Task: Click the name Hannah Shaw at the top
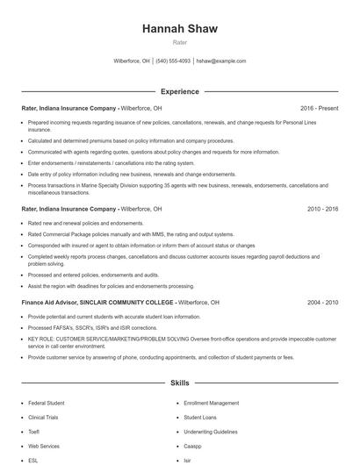tap(179, 29)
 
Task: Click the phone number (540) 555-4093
tap(173, 61)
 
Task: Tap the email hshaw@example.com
tap(220, 61)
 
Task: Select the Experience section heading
tap(179, 91)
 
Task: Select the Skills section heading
tap(179, 383)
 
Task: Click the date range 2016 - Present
tap(319, 108)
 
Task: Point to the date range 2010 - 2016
tap(322, 210)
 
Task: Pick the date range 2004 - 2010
tap(322, 302)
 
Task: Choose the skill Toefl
tap(33, 432)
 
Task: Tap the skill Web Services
tap(44, 446)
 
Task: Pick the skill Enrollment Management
tap(211, 403)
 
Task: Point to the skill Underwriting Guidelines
tap(211, 432)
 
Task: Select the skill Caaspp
tap(193, 446)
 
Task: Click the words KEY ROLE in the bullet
tap(40, 340)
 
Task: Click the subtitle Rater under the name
tap(179, 42)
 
